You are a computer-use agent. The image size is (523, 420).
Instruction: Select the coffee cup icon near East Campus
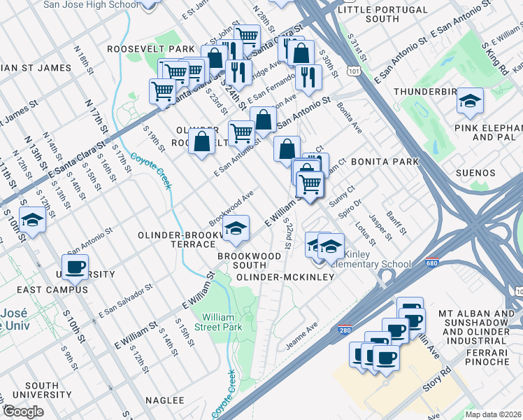(75, 267)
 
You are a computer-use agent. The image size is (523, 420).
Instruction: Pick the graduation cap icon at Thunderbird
(470, 101)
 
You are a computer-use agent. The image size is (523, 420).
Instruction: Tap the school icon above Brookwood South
(236, 228)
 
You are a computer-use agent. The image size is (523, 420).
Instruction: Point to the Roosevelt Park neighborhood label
(150, 50)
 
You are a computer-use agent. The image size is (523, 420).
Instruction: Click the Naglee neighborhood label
(164, 400)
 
